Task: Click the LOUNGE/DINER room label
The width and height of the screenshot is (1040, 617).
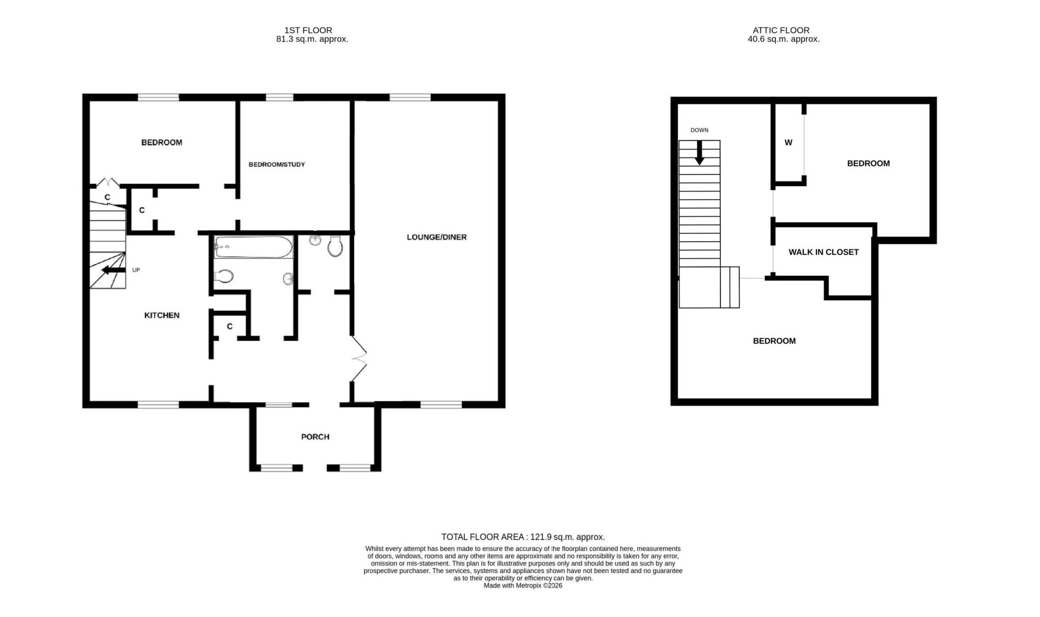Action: [437, 237]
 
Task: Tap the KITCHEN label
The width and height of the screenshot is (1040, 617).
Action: [162, 315]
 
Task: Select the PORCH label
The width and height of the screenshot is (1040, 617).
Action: [315, 437]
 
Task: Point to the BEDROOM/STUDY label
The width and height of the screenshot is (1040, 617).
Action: [277, 165]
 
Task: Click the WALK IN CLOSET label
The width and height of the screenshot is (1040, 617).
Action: [823, 252]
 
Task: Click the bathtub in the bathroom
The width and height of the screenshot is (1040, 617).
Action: [253, 247]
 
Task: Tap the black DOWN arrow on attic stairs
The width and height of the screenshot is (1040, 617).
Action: [700, 153]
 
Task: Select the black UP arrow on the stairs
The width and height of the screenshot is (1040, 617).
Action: [113, 270]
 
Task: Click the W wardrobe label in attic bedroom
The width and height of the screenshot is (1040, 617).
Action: [788, 143]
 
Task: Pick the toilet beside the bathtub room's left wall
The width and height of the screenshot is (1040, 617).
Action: [223, 276]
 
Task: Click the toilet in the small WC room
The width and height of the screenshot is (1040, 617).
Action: [335, 246]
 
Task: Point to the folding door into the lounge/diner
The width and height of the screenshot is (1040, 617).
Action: [359, 358]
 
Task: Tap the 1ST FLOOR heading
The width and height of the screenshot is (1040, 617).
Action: [308, 30]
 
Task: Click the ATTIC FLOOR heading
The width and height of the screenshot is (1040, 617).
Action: [781, 30]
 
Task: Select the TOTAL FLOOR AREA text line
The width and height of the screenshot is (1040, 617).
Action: [523, 537]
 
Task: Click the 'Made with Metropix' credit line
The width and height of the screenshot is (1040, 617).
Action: [523, 585]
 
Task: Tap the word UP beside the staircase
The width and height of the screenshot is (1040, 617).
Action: [136, 270]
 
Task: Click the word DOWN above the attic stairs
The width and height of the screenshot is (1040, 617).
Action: [700, 130]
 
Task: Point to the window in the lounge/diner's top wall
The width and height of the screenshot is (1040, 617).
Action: [410, 97]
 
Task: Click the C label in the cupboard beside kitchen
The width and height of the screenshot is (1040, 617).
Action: [230, 327]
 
